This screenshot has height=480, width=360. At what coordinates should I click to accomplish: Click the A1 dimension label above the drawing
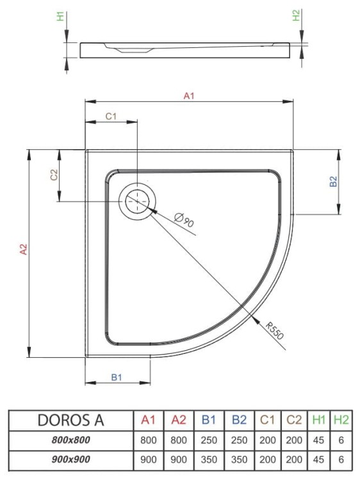(188, 96)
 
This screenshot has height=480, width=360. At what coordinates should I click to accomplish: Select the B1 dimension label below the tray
(117, 378)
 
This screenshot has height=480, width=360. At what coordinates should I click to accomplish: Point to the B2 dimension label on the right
(333, 181)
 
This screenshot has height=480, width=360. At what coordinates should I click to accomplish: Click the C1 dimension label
(110, 116)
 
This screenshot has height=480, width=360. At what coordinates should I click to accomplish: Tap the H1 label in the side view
(61, 17)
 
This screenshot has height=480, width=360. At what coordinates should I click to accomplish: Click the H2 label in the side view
(297, 17)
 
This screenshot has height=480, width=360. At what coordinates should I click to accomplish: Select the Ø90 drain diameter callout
(183, 221)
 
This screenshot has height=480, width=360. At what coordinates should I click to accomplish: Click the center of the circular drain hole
(136, 201)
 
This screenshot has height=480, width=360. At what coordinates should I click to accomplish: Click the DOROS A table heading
(70, 420)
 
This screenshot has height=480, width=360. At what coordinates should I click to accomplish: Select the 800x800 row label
(70, 440)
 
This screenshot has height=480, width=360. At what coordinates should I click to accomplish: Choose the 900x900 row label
(70, 460)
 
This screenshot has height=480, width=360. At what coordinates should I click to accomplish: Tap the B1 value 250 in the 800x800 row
(209, 440)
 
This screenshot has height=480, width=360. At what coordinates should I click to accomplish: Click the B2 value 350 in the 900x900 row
(239, 460)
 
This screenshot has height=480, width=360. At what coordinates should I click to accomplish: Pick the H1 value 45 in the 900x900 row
(318, 460)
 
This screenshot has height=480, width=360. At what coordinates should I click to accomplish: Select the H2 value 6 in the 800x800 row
(341, 440)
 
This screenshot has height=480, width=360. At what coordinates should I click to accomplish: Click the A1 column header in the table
(149, 420)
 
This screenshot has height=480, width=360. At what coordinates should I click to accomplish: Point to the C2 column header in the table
(294, 420)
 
